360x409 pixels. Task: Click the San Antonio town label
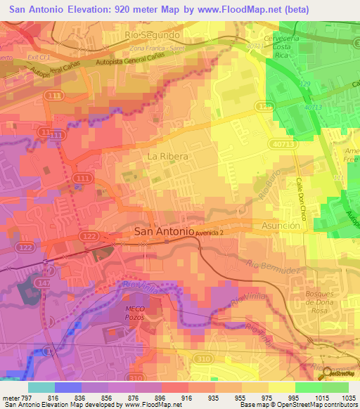pos(163,232)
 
